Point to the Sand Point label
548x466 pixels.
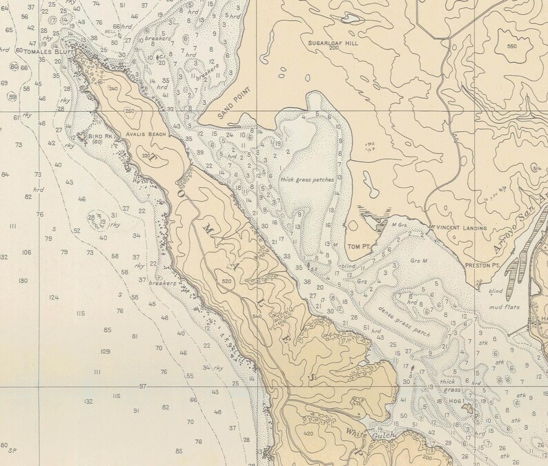pyautogui.click(x=233, y=104)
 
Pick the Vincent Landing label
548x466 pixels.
pyautogui.click(x=460, y=228)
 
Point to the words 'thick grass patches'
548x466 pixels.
pyautogui.click(x=307, y=179)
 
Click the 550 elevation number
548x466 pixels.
pyautogui.click(x=511, y=46)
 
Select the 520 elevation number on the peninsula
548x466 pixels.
pyautogui.click(x=227, y=281)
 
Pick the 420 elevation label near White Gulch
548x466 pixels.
pyautogui.click(x=308, y=434)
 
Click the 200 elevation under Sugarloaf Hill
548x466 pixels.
pyautogui.click(x=335, y=49)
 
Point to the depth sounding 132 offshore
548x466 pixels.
pyautogui.click(x=88, y=401)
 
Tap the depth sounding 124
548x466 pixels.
pyautogui.click(x=54, y=298)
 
